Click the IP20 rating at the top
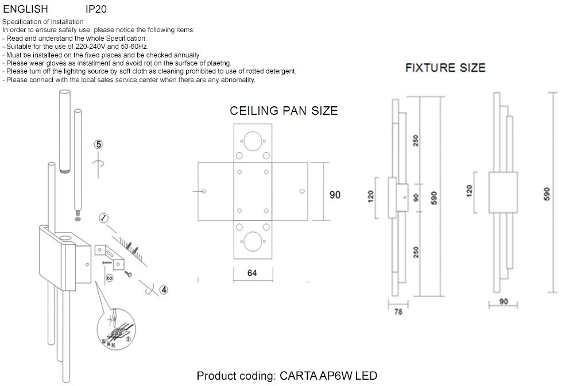click(x=96, y=9)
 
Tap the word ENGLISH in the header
click(x=25, y=9)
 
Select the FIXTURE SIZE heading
click(x=446, y=68)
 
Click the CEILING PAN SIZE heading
click(x=284, y=111)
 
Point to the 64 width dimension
click(x=252, y=273)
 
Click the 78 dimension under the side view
click(x=398, y=312)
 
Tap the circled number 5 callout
click(x=98, y=145)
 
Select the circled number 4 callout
click(x=164, y=289)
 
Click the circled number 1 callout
click(x=104, y=218)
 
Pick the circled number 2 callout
click(x=110, y=278)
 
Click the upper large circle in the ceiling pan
click(x=253, y=141)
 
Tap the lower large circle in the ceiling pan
click(x=253, y=241)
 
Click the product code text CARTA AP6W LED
click(x=328, y=376)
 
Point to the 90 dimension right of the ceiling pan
click(x=335, y=195)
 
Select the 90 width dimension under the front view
click(x=504, y=302)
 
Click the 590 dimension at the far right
click(x=547, y=194)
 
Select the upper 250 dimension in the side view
click(x=416, y=141)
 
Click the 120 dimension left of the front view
click(x=469, y=191)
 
